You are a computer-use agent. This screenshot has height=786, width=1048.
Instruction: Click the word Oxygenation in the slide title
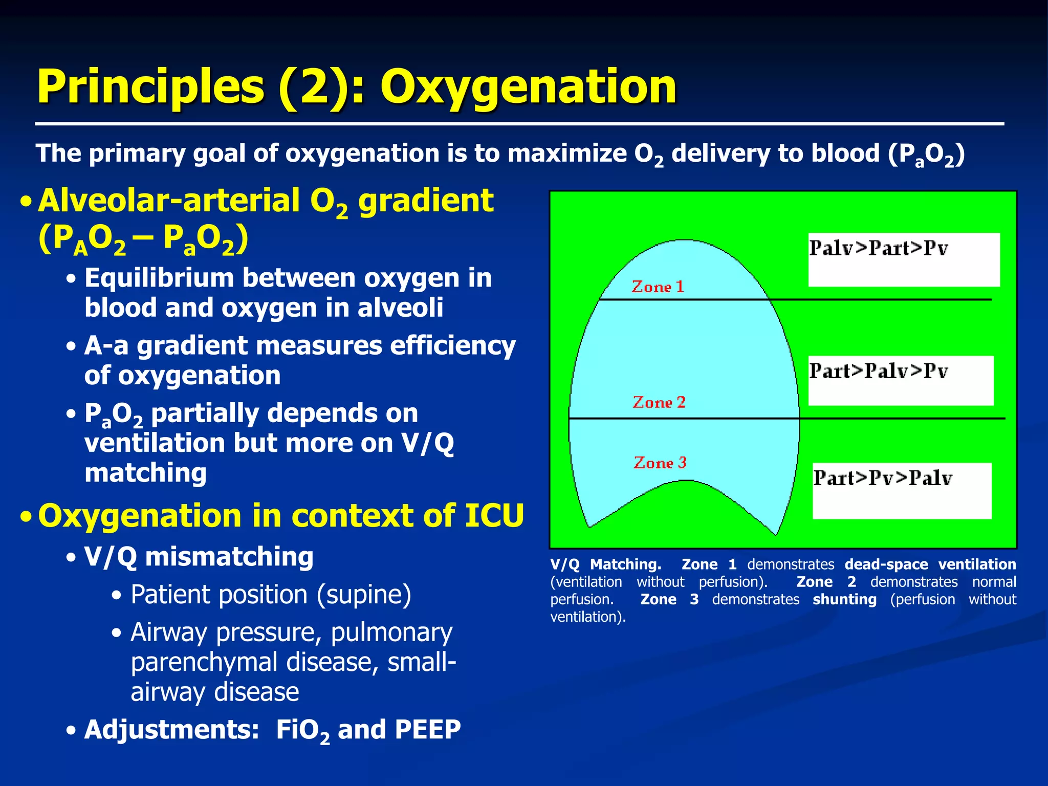(528, 87)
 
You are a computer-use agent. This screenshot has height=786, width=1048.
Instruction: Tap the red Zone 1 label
(658, 287)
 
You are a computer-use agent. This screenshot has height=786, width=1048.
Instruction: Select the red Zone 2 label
(659, 403)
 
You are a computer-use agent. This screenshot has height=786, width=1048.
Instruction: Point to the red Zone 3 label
(660, 463)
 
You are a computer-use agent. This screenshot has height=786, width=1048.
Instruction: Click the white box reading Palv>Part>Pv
(904, 259)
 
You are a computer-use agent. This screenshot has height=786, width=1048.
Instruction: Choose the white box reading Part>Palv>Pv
(901, 380)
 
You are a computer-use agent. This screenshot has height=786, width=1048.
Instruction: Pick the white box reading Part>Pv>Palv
(902, 490)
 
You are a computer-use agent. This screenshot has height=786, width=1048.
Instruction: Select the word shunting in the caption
(844, 599)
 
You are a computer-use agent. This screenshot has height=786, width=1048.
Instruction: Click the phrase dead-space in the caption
(886, 564)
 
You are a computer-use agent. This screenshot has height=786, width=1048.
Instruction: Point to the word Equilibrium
(159, 278)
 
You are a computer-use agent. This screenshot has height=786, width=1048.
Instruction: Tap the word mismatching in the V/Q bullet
(229, 557)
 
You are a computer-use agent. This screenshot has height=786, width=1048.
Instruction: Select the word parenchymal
(204, 662)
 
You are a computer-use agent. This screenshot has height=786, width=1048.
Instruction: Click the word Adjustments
(172, 730)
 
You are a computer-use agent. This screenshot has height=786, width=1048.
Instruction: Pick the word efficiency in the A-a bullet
(453, 346)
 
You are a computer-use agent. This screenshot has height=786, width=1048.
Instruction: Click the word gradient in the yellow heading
(426, 201)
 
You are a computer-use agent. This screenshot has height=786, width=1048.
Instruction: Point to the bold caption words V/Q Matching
(605, 564)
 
